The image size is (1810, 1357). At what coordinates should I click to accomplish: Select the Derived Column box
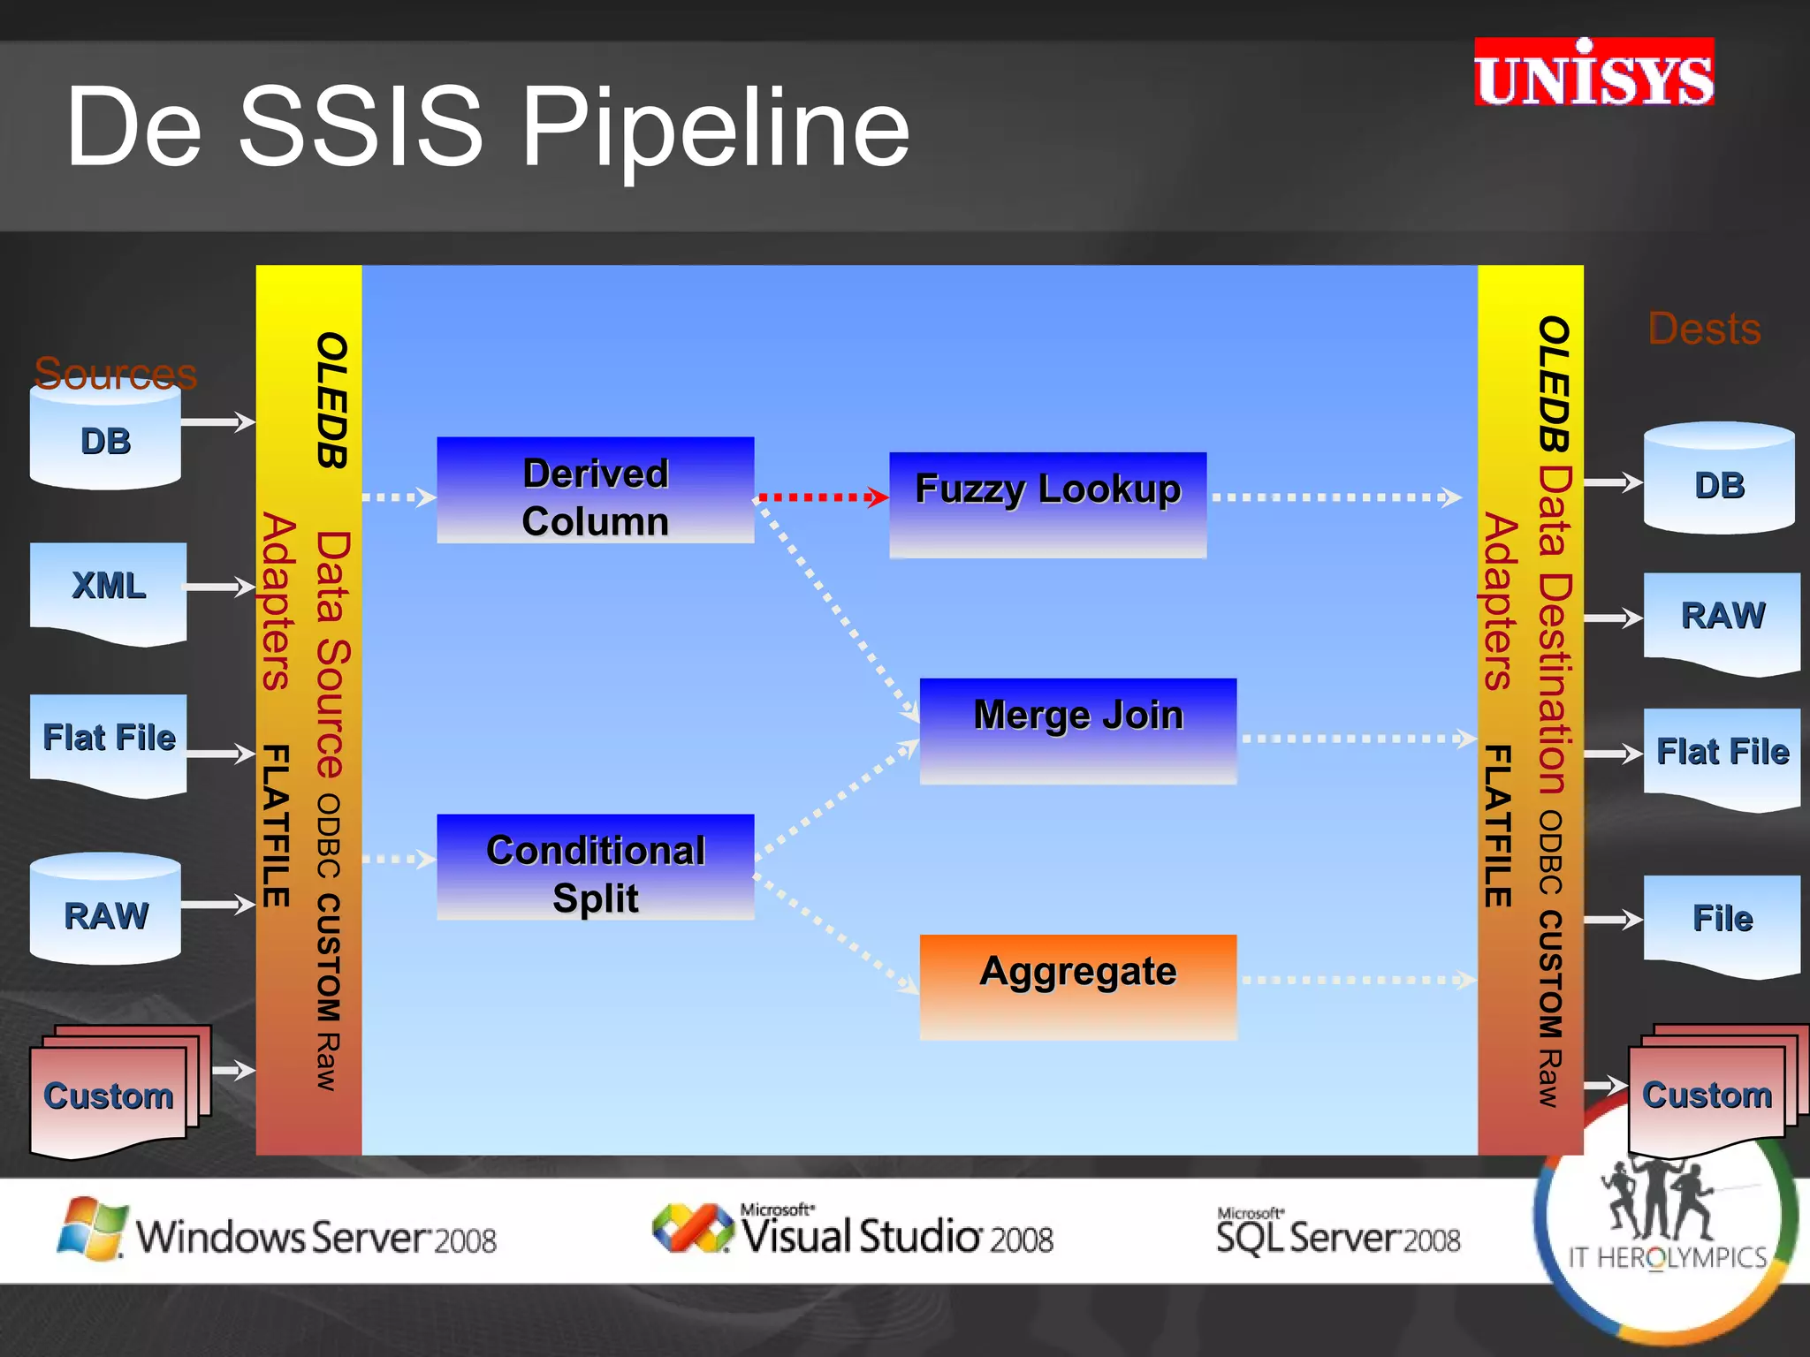[x=595, y=491]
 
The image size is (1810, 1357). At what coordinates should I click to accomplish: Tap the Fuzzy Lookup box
[x=1047, y=504]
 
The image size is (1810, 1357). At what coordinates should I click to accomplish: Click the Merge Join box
[x=1077, y=731]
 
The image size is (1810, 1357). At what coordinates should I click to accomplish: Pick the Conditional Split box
[x=595, y=868]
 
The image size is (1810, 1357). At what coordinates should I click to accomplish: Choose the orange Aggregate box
[x=1077, y=986]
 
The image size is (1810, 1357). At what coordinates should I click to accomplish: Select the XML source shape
[x=108, y=590]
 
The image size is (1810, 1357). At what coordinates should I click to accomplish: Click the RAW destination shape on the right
[x=1721, y=620]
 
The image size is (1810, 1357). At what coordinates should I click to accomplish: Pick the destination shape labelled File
[x=1721, y=922]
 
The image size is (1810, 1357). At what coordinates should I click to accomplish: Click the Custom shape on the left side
[x=110, y=1094]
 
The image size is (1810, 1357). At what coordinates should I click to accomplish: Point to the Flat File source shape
[x=108, y=742]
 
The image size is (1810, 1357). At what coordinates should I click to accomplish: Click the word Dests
[x=1704, y=329]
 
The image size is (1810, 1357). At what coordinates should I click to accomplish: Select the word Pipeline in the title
[x=716, y=128]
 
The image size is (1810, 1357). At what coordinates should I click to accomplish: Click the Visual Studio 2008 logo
[x=853, y=1232]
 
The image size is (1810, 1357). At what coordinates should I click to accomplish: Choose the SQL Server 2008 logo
[x=1338, y=1233]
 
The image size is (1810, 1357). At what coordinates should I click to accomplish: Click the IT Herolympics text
[x=1667, y=1257]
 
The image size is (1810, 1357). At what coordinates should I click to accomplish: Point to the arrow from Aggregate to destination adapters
[x=1357, y=980]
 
